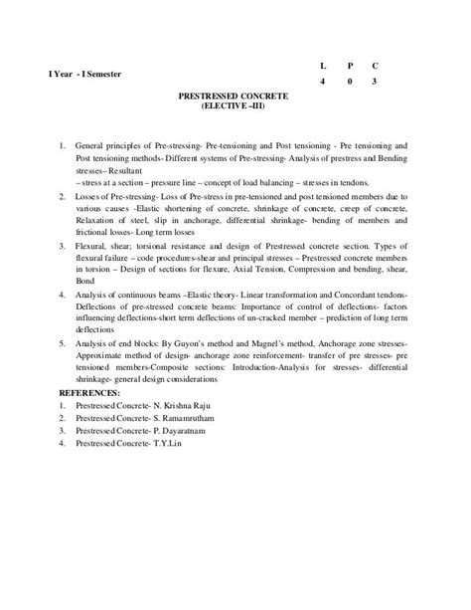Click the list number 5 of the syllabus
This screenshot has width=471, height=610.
(63, 343)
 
